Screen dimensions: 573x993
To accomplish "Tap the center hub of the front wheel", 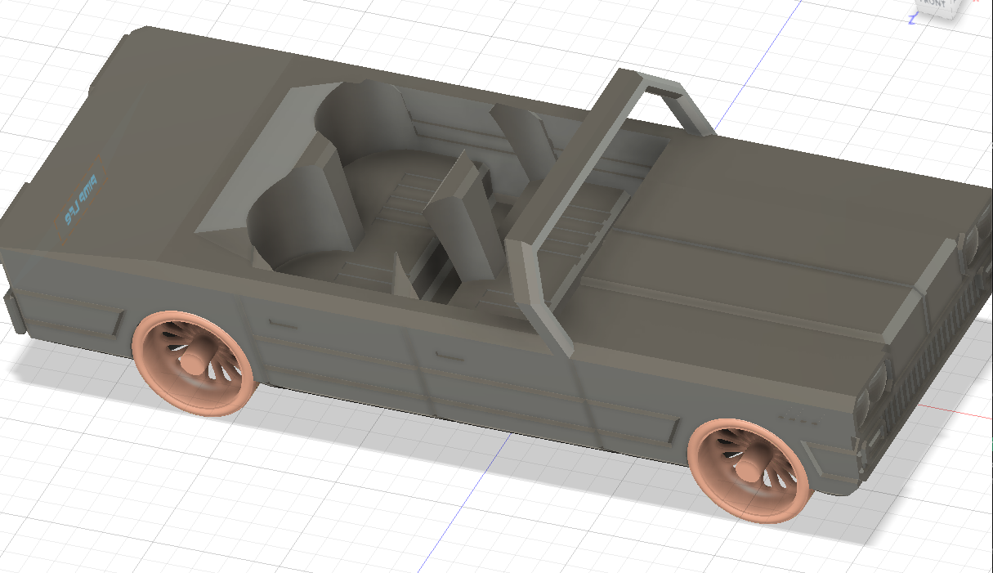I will point(746,472).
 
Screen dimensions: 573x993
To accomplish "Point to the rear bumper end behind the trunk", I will point(13,311).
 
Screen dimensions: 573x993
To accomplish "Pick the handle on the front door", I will point(449,356).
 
